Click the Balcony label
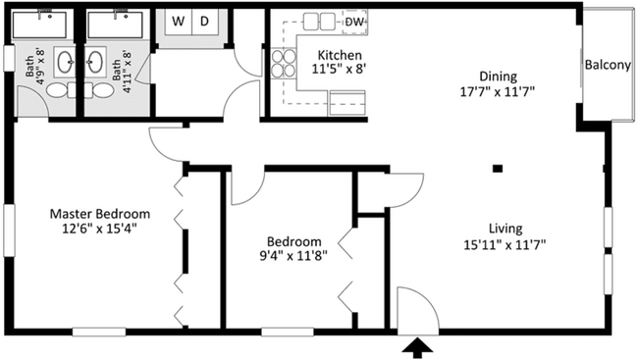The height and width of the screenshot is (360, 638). click(607, 66)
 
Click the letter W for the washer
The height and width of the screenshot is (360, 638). click(180, 21)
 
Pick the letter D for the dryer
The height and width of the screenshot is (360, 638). click(205, 21)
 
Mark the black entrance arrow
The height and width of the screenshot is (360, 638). click(416, 345)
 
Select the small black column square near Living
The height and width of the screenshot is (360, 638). click(498, 169)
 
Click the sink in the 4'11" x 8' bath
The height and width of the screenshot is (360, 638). click(97, 65)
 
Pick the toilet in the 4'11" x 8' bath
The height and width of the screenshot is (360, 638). click(101, 91)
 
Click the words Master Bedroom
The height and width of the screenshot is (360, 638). click(99, 214)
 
